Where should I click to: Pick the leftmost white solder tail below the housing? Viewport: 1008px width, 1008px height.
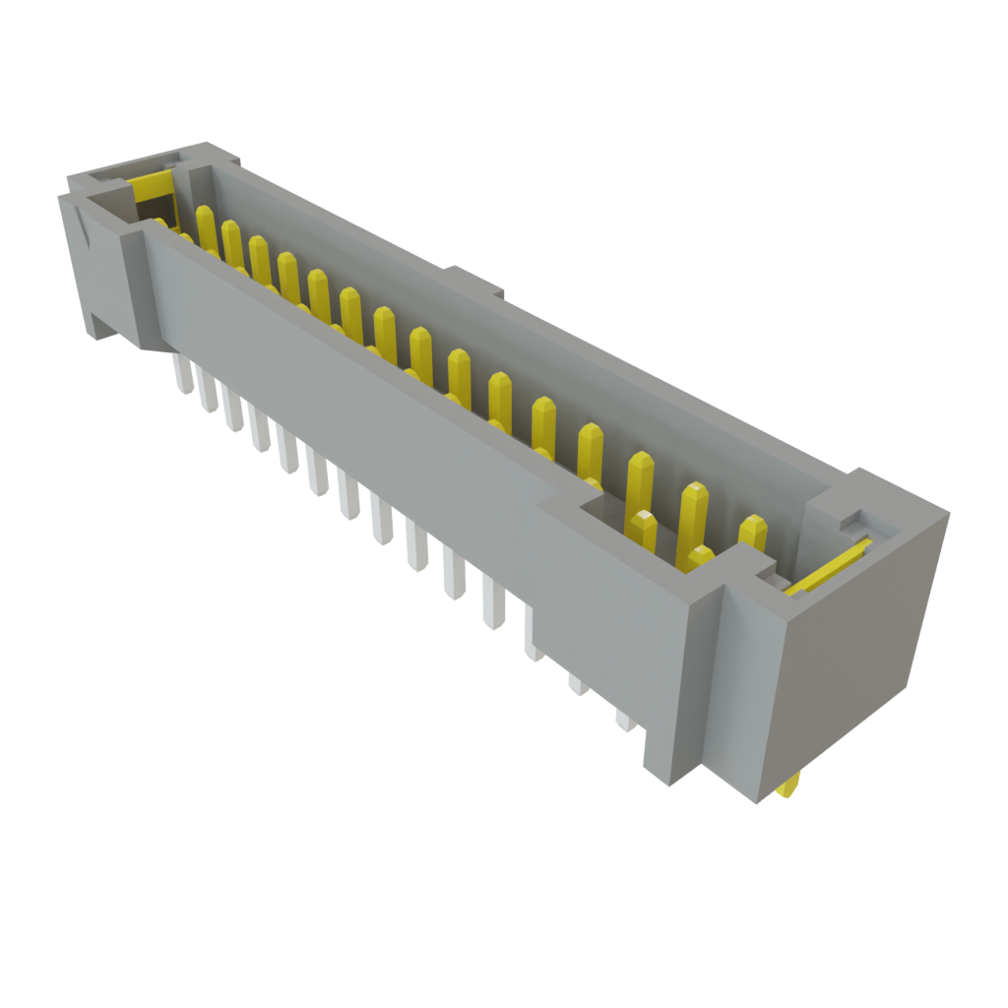(182, 375)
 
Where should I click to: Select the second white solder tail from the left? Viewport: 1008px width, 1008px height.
(207, 392)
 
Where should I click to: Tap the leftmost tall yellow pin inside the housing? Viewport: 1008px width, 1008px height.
(206, 226)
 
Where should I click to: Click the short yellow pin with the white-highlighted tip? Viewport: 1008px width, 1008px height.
(644, 531)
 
